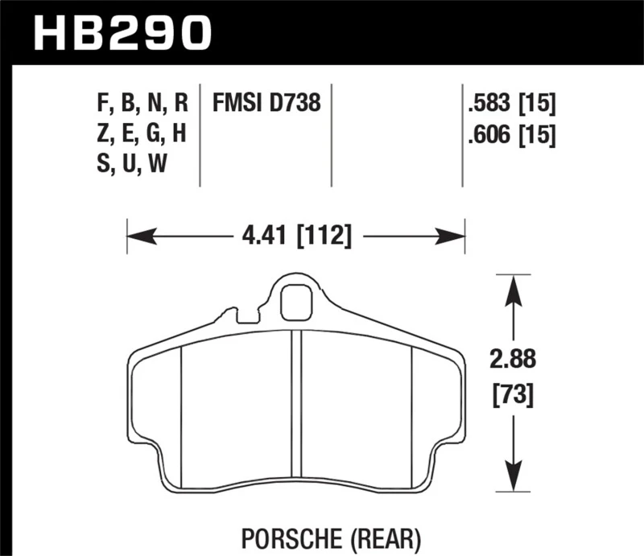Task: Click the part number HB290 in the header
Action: [x=120, y=33]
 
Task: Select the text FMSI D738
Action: [x=266, y=104]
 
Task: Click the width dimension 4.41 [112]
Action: [x=295, y=237]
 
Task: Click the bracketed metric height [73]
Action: [x=512, y=395]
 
